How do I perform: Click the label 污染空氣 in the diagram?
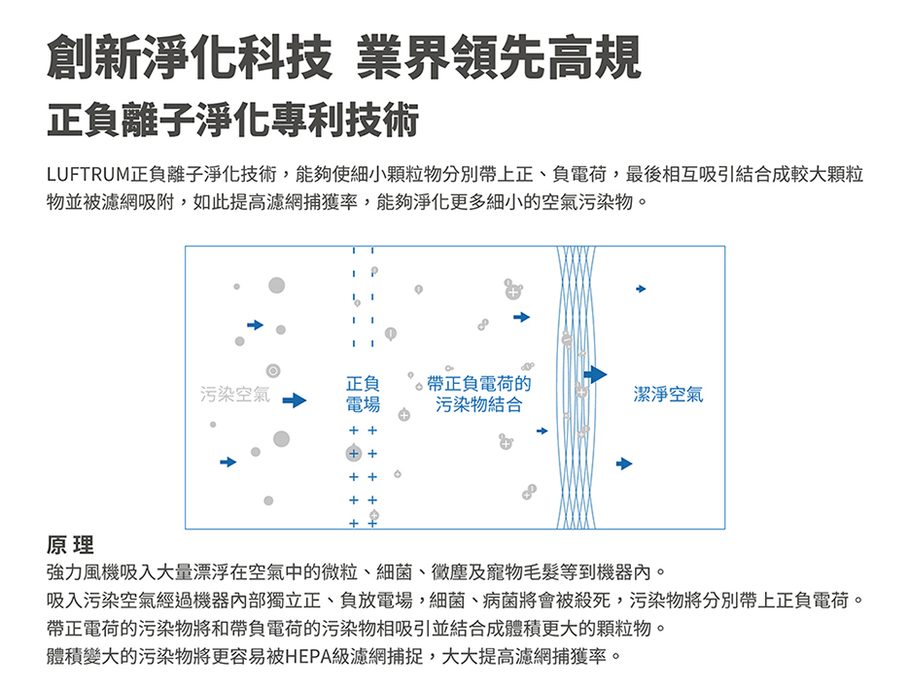coord(234,395)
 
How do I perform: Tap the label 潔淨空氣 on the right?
coord(668,395)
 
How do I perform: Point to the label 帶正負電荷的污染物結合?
coord(479,394)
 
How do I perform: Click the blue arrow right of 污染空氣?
coord(295,399)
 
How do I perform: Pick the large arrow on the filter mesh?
coord(595,374)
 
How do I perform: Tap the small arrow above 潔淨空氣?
coord(641,289)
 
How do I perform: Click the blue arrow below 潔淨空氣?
coord(624,464)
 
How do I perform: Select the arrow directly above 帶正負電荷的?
coord(522,317)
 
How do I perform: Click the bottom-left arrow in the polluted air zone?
coord(227,462)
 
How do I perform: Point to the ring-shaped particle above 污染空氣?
coord(272,371)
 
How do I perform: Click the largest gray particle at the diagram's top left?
coord(277,285)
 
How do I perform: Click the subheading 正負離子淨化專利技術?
coord(232,121)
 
